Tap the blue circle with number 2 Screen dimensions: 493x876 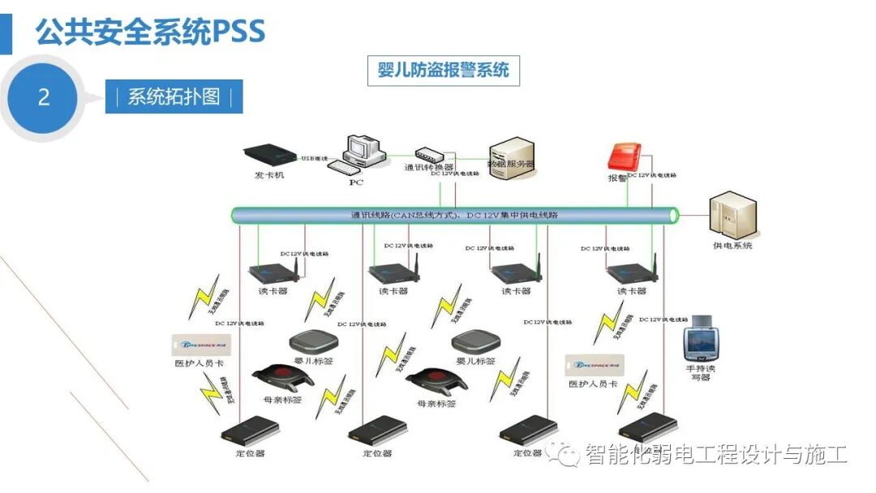tap(44, 97)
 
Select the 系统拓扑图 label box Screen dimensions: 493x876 tap(174, 96)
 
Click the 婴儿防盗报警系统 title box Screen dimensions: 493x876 tap(443, 71)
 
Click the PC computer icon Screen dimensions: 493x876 tap(355, 154)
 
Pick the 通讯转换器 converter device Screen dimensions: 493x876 tap(427, 153)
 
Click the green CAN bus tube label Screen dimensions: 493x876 tap(454, 215)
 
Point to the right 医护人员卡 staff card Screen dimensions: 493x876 tap(592, 367)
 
